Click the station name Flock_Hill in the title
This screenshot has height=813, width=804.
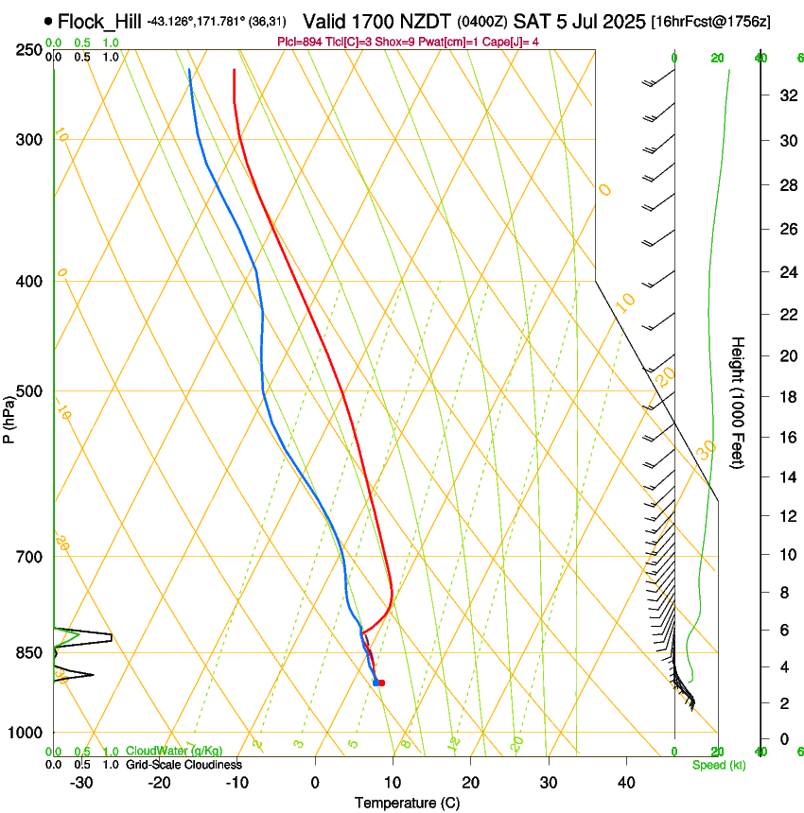[x=99, y=21]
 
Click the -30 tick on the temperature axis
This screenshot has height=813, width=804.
[x=81, y=783]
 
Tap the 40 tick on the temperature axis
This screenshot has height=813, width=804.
[x=625, y=783]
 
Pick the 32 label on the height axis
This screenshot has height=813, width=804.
[x=787, y=95]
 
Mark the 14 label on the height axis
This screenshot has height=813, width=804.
[x=787, y=477]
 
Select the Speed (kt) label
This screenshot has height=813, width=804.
[x=718, y=765]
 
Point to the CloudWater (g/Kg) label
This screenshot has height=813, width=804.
[x=174, y=752]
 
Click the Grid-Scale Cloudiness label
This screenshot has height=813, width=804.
[x=184, y=765]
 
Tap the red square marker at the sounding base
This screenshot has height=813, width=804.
[x=380, y=682]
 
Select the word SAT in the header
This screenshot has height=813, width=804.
[x=531, y=21]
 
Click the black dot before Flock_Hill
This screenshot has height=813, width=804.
[x=47, y=21]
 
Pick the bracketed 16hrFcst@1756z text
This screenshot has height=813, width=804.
[x=710, y=21]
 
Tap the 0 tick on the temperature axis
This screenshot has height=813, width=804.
[x=315, y=783]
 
